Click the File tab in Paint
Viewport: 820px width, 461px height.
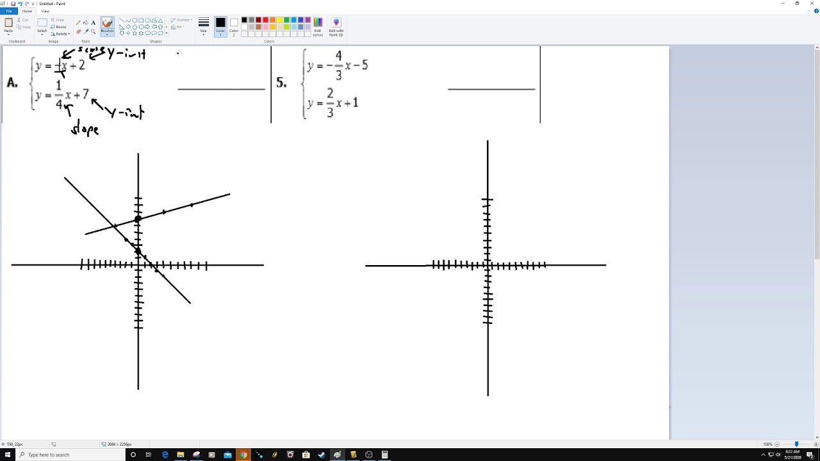[x=9, y=11]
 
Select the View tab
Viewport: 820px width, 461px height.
[x=45, y=11]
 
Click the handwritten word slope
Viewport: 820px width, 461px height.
[x=85, y=129]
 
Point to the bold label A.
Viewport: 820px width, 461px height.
[x=12, y=83]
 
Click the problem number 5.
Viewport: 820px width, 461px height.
[x=281, y=83]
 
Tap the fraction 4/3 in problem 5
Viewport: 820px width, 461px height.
[x=338, y=65]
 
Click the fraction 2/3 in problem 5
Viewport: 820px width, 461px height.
[x=330, y=103]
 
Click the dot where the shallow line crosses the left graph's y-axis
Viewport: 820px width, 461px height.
[x=138, y=220]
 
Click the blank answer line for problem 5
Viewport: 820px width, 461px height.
[x=491, y=88]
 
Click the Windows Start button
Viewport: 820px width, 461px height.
[x=7, y=455]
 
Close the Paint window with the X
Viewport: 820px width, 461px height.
[x=812, y=3]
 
